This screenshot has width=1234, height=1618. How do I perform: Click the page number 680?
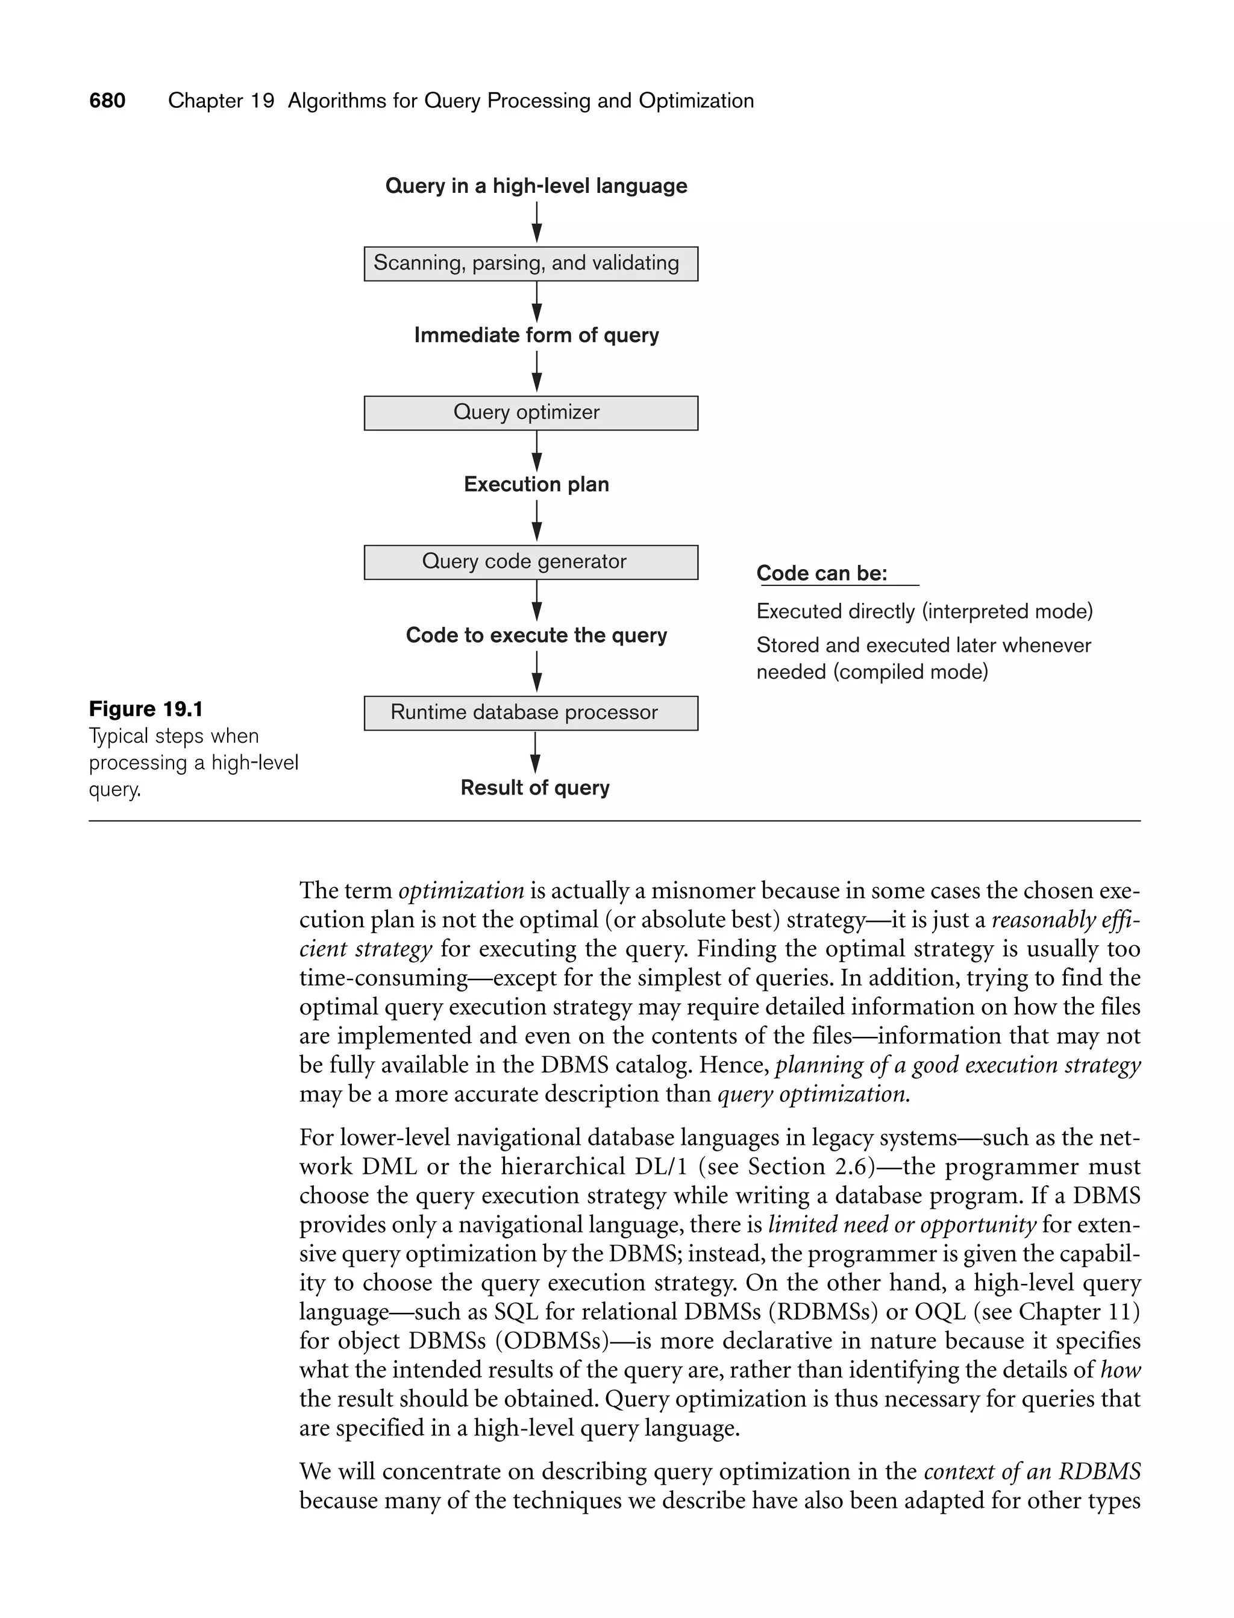click(x=107, y=101)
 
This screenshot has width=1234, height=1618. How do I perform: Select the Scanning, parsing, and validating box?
click(x=530, y=264)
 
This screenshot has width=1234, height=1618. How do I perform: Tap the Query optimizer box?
click(x=530, y=413)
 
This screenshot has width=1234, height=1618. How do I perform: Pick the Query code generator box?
click(x=530, y=562)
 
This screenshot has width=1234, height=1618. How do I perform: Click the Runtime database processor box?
click(x=530, y=713)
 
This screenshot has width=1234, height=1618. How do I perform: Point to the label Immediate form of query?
click(x=536, y=335)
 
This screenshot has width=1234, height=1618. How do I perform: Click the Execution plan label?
click(x=536, y=484)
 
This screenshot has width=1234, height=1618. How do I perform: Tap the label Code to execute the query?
click(x=536, y=635)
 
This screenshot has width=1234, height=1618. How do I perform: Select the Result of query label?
click(x=534, y=788)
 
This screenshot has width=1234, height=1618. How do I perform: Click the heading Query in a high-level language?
click(x=536, y=186)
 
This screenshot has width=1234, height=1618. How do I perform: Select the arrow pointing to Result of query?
click(x=536, y=753)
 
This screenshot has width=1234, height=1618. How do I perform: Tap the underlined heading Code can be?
click(x=822, y=573)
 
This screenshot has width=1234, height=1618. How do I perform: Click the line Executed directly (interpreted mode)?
click(x=924, y=611)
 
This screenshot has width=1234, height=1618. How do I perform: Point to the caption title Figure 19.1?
click(x=145, y=709)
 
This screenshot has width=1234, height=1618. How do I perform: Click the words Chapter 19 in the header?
click(x=221, y=101)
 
